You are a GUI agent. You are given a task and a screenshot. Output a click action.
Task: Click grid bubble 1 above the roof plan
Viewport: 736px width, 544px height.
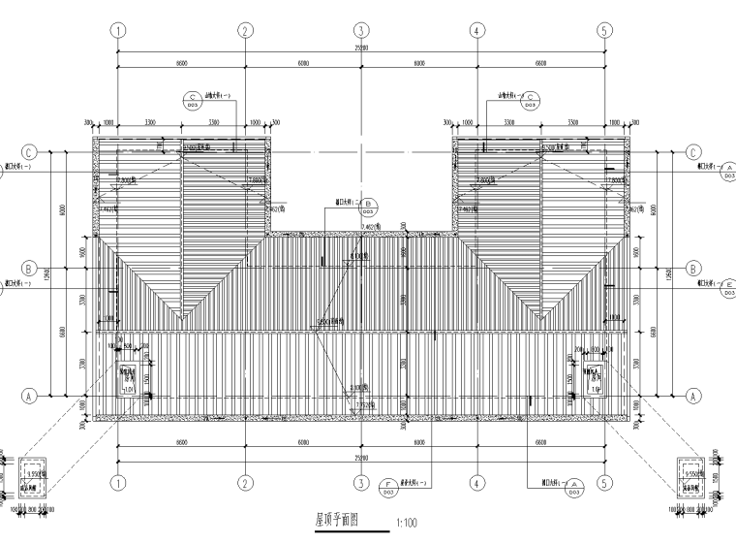[119, 30]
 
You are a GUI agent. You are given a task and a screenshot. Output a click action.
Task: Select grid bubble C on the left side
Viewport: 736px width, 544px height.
[29, 152]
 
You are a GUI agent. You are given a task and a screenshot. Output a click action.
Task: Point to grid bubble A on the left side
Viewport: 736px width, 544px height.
[29, 396]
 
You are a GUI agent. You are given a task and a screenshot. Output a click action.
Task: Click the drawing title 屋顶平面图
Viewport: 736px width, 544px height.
[337, 519]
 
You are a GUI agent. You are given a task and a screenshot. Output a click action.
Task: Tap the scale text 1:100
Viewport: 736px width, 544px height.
[406, 524]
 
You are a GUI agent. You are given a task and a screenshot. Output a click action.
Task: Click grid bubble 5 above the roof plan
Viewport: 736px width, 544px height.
[603, 30]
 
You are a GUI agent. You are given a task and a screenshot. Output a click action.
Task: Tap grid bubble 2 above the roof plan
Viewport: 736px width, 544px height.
[245, 30]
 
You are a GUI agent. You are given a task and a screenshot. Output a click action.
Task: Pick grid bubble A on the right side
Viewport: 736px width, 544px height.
[693, 396]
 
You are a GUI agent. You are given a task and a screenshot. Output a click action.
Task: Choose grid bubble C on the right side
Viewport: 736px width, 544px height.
[693, 152]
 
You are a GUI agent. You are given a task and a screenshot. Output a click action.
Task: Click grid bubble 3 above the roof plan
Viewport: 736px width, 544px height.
[360, 30]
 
